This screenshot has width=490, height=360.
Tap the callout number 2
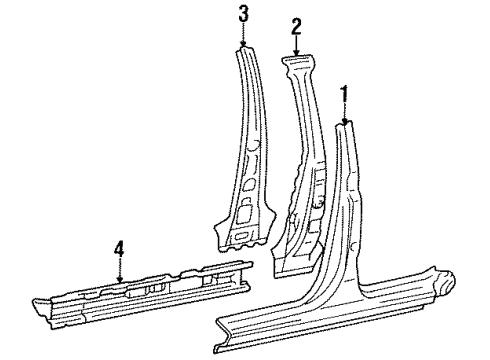tap(296, 29)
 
